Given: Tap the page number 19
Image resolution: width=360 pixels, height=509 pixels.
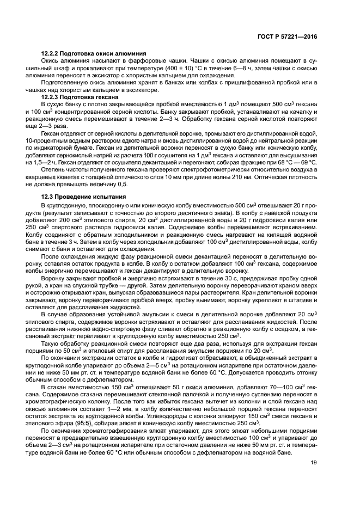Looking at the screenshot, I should tap(313, 463).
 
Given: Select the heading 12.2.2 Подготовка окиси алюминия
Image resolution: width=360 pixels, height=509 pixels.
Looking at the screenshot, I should tap(93, 54).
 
